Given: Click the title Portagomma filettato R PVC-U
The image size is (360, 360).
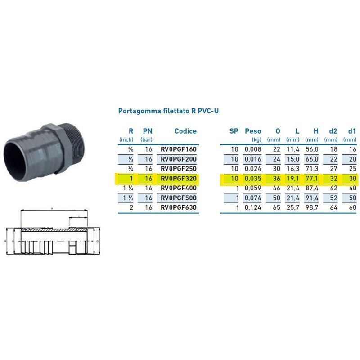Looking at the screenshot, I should click(168, 111).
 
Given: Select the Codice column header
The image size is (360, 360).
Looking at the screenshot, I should click(185, 131).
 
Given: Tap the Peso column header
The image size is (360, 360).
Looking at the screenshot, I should click(252, 131).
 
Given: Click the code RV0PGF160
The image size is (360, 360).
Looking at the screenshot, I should click(179, 149).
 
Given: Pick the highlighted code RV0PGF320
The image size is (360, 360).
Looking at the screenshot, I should click(179, 179).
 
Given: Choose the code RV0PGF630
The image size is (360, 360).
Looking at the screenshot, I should click(179, 207).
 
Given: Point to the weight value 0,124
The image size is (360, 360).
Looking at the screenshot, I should click(252, 207).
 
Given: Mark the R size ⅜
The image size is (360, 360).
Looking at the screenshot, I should click(130, 149).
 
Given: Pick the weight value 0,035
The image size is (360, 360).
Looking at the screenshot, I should click(252, 179).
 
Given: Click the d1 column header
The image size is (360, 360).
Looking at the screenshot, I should click(351, 131).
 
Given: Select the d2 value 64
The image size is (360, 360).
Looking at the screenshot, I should click(333, 207).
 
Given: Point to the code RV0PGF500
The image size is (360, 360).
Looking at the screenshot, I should click(179, 198).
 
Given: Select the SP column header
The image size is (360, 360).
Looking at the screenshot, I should click(234, 131).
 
